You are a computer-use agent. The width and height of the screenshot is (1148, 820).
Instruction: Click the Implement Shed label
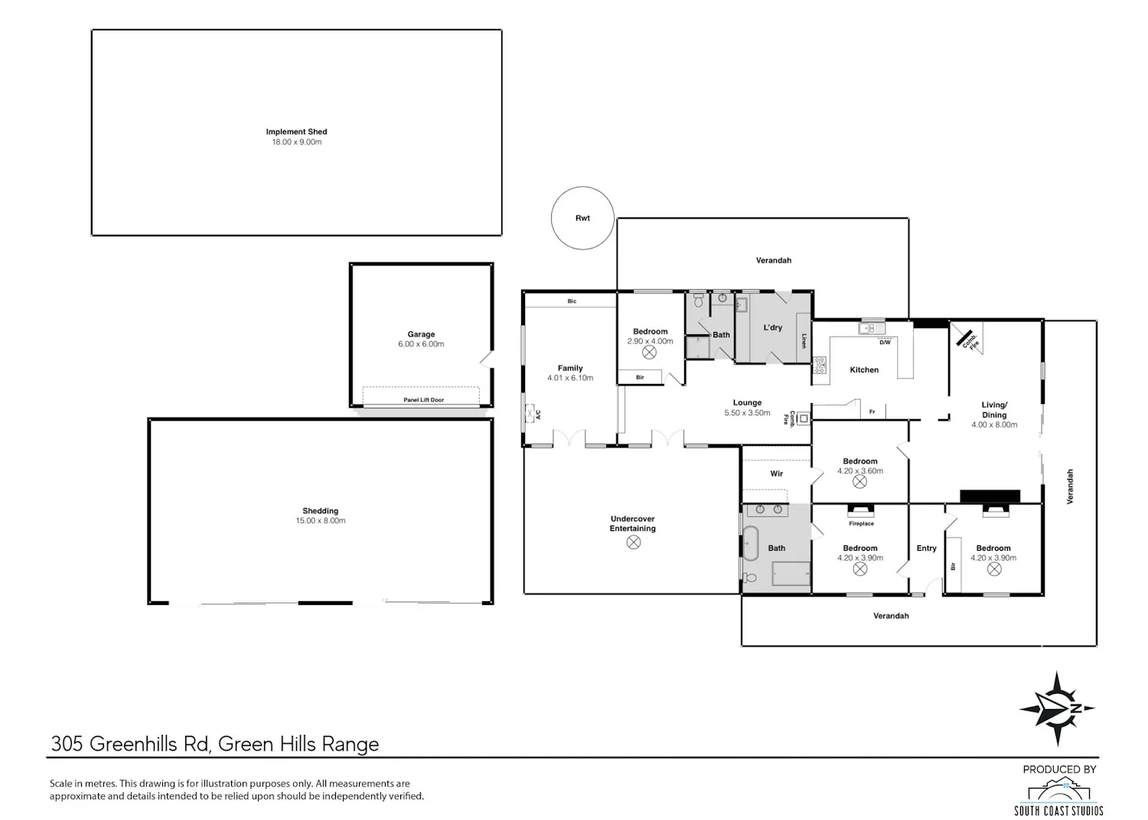pyautogui.click(x=296, y=132)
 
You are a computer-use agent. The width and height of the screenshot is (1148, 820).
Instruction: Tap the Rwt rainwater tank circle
pyautogui.click(x=582, y=187)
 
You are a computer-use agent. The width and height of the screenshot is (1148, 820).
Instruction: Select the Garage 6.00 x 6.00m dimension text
pyautogui.click(x=421, y=344)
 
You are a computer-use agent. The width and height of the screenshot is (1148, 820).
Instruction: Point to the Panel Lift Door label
pyautogui.click(x=423, y=400)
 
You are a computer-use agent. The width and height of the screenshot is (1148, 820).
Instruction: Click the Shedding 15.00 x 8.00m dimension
pyautogui.click(x=321, y=521)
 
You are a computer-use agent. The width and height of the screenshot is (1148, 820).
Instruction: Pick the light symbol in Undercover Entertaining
pyautogui.click(x=634, y=542)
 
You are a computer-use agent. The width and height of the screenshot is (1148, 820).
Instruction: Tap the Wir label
pyautogui.click(x=777, y=473)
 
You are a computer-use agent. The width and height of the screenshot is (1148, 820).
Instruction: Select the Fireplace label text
pyautogui.click(x=861, y=524)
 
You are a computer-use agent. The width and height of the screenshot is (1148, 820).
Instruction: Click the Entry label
pyautogui.click(x=926, y=548)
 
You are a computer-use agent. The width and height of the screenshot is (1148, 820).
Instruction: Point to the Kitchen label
pyautogui.click(x=864, y=369)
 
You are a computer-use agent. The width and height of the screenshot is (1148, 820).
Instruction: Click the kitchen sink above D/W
pyautogui.click(x=872, y=328)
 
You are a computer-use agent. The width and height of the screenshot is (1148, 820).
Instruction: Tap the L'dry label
pyautogui.click(x=773, y=327)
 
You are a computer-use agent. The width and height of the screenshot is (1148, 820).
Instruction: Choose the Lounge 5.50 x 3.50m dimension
pyautogui.click(x=747, y=413)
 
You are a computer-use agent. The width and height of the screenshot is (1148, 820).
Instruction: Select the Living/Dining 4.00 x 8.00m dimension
pyautogui.click(x=994, y=425)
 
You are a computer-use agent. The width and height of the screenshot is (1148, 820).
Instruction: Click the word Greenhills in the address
pyautogui.click(x=134, y=744)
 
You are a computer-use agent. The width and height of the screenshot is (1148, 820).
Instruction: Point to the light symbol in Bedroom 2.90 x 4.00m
pyautogui.click(x=649, y=353)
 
